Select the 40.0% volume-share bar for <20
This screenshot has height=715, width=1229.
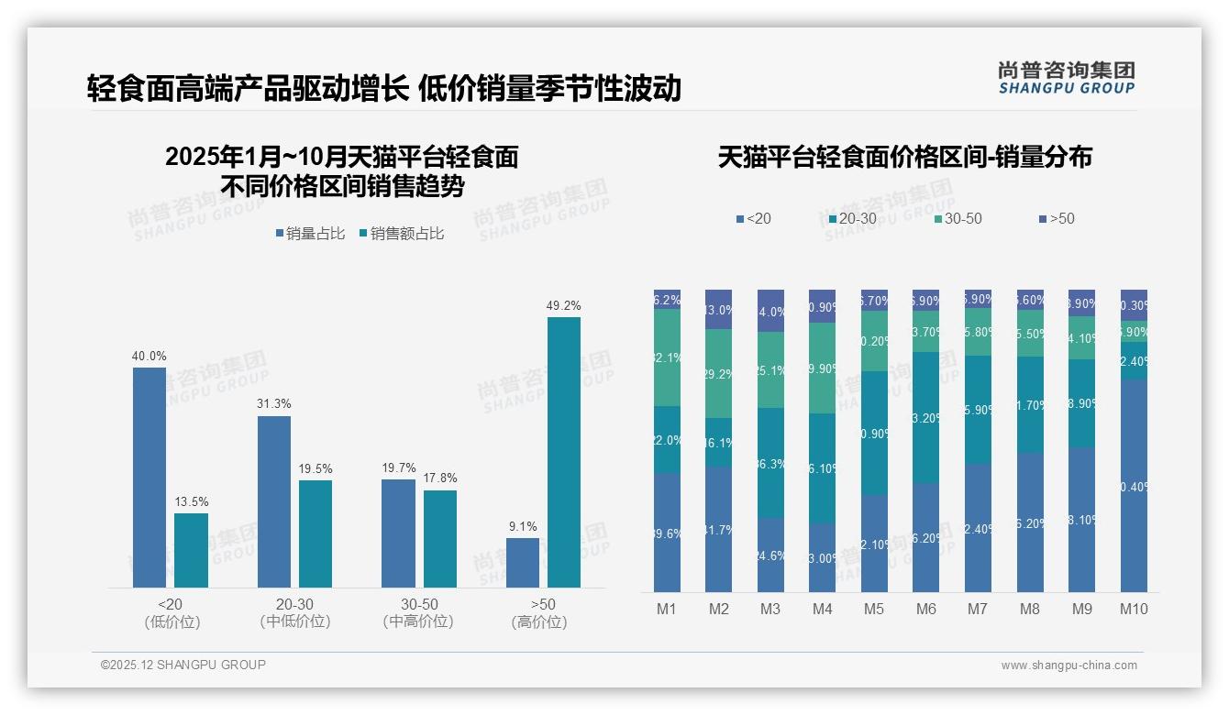pos(149,477)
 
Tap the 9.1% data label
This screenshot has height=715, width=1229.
pos(522,527)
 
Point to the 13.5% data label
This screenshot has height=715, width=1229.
pos(191,502)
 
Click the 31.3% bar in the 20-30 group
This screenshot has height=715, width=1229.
pos(273,501)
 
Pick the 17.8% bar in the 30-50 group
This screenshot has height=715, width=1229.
pos(439,538)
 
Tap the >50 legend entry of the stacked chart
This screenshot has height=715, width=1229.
pos(1057,219)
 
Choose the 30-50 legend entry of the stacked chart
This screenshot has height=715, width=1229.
pos(958,219)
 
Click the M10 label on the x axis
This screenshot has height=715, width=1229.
pos(1134,609)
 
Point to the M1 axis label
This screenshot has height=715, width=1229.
pos(667,609)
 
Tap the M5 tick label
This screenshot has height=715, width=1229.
pos(874,609)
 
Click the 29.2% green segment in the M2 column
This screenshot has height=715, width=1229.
pos(718,373)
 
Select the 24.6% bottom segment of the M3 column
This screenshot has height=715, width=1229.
pos(770,555)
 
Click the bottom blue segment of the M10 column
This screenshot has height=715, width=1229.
pos(1134,486)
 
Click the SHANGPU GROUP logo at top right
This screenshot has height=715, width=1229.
pos(1066,78)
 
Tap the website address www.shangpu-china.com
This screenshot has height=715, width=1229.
pos(1068,665)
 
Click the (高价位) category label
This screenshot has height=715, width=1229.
pos(538,622)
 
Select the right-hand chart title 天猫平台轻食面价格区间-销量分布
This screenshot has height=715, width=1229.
pos(904,158)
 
